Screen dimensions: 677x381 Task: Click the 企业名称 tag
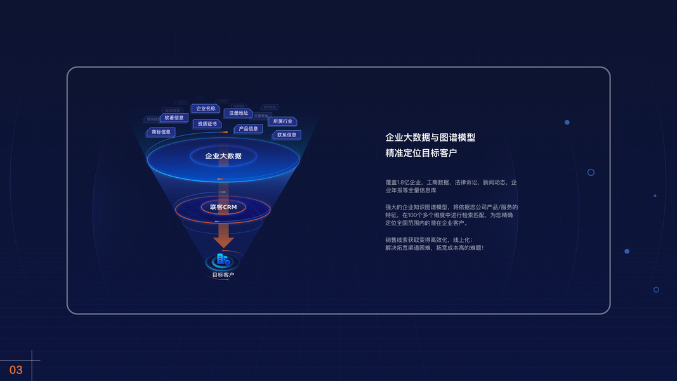(x=206, y=109)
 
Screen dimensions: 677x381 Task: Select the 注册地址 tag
(x=239, y=113)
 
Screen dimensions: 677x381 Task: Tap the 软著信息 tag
(x=174, y=117)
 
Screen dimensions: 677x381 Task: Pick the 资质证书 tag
(x=207, y=124)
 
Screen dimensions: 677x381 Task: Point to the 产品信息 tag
(x=248, y=129)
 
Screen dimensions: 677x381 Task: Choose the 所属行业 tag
(x=283, y=121)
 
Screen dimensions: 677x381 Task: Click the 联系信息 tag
(x=287, y=135)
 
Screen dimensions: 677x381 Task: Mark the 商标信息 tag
(x=161, y=132)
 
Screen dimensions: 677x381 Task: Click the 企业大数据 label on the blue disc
(x=223, y=156)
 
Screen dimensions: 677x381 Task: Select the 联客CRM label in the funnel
(x=223, y=207)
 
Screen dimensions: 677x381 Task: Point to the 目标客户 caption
(x=223, y=275)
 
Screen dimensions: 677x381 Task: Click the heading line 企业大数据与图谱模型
(x=430, y=137)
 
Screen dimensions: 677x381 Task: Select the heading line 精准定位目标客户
(x=421, y=153)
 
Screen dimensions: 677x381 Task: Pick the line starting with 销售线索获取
(x=428, y=240)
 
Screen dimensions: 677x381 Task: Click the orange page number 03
(x=16, y=370)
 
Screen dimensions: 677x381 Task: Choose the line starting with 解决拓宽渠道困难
(x=434, y=248)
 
